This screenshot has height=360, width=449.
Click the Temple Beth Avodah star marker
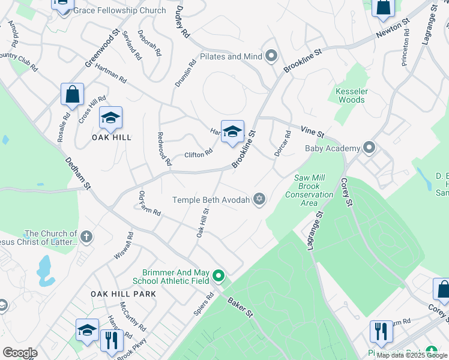[x=259, y=200]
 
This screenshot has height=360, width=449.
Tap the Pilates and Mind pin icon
[x=271, y=57]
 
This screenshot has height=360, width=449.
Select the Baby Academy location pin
[x=369, y=148]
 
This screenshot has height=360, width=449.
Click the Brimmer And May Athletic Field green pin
[x=218, y=276]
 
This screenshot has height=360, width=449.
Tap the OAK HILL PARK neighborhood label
[x=124, y=294]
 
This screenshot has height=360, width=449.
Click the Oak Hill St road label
[x=202, y=222]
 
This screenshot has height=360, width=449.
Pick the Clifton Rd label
[x=198, y=154]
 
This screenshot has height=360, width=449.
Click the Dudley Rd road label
[x=183, y=24]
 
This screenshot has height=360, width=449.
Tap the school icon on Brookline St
[x=232, y=132]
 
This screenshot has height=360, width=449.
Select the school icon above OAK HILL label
[x=110, y=118]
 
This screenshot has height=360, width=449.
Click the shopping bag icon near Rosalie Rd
[x=72, y=95]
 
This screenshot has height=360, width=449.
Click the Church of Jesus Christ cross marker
[x=86, y=237]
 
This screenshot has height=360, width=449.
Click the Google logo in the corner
[x=20, y=353]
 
